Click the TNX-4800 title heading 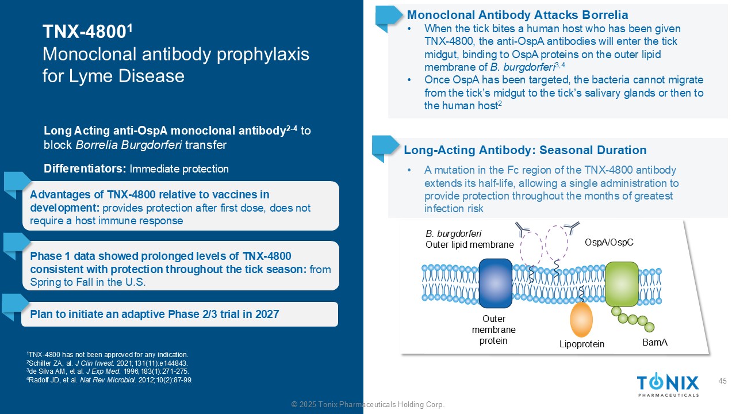pos(87,32)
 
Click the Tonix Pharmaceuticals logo pos(668,385)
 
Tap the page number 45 pos(723,381)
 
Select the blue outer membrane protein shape pos(496,283)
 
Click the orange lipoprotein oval pos(581,320)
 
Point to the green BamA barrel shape pos(622,284)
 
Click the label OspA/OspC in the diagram pos(609,243)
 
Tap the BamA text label pos(655,342)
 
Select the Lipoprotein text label pos(582,344)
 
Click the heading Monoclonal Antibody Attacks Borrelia pos(517,15)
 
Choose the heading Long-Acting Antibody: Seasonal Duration pos(525,150)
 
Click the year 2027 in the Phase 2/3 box pos(267,314)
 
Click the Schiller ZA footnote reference pos(107,363)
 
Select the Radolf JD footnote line pos(109,380)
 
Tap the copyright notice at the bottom pos(368,404)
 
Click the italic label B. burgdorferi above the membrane pos(454,233)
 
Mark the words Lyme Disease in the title pos(126,76)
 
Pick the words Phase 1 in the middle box pos(49,256)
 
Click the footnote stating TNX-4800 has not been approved pos(108,355)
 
